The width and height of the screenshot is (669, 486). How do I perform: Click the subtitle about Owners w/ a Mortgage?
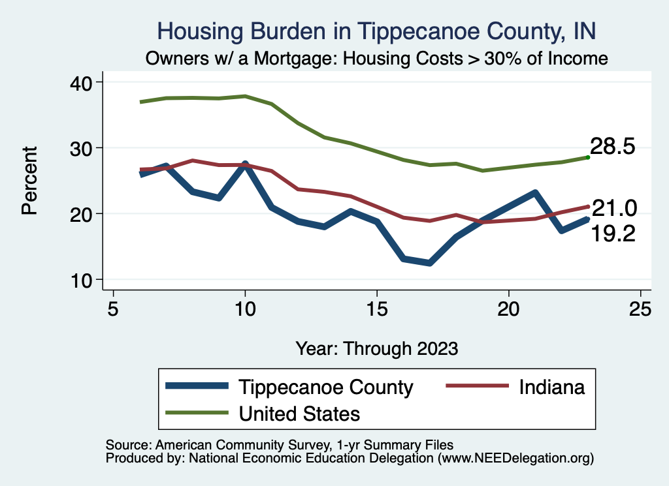point(377,58)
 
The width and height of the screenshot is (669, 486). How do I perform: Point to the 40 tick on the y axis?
point(84,82)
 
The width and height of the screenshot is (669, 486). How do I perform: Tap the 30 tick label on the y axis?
point(84,148)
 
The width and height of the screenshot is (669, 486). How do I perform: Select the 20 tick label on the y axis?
point(84,214)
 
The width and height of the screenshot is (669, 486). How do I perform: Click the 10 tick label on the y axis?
point(84,280)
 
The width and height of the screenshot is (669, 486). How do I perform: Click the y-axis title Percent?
point(29,181)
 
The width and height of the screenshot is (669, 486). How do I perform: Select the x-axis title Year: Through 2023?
point(376,348)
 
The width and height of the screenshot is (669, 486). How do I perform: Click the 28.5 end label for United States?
point(613,146)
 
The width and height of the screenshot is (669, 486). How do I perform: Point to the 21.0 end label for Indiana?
point(613,208)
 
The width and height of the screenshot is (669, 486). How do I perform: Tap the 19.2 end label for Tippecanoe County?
point(613,234)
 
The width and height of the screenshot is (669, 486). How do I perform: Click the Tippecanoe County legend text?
point(326,387)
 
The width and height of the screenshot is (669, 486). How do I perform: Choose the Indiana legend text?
point(551,387)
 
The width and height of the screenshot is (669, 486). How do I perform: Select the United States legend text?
point(299,413)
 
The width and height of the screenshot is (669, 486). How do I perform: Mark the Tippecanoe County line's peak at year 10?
point(245,164)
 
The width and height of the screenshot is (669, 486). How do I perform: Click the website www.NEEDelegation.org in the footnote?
point(517,459)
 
